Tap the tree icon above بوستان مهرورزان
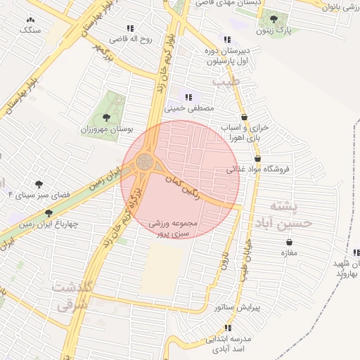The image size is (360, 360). [x=106, y=117]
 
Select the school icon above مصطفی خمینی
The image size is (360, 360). [x=188, y=97]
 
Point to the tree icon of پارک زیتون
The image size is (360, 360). [x=274, y=20]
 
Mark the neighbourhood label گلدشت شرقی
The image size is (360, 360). [x=72, y=295]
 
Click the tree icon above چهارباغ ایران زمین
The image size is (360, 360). [x=49, y=213]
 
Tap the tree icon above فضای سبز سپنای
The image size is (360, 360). [x=38, y=184]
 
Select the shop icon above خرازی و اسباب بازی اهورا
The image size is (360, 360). [x=244, y=117]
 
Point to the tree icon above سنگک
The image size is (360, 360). [x=30, y=20]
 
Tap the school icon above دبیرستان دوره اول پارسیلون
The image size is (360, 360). [x=226, y=39]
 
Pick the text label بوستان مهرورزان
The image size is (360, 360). [x=106, y=130]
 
